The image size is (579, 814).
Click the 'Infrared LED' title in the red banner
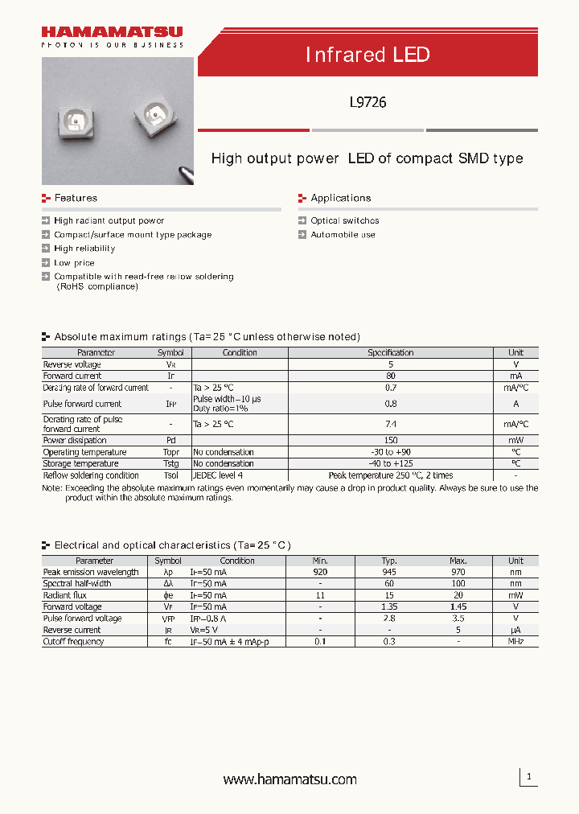tap(368, 55)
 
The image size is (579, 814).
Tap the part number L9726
tap(368, 102)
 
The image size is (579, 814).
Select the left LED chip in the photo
tap(74, 123)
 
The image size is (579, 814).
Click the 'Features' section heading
tap(75, 198)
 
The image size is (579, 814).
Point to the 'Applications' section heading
tap(340, 198)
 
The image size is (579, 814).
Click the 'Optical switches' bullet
tap(344, 220)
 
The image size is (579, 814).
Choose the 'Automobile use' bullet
tap(343, 235)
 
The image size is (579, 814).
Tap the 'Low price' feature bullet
tap(74, 263)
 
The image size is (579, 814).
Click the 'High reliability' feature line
tap(84, 249)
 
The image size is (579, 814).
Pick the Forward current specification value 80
tap(390, 376)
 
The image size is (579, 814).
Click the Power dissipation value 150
tap(390, 441)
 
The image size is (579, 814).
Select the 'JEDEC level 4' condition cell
tap(218, 475)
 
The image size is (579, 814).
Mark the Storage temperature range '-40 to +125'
tap(390, 463)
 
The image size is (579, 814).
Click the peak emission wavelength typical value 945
tap(390, 572)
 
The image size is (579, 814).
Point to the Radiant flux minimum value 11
tap(320, 595)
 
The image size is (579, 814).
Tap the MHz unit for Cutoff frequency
tap(515, 642)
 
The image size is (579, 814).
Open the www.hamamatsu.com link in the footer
tap(289, 779)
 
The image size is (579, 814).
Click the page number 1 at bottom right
tap(529, 777)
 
